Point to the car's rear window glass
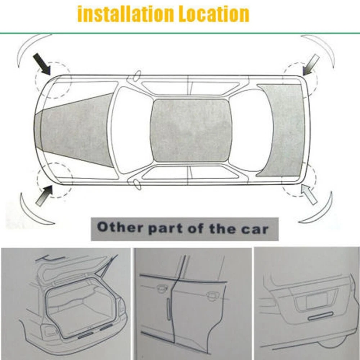(252, 130)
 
